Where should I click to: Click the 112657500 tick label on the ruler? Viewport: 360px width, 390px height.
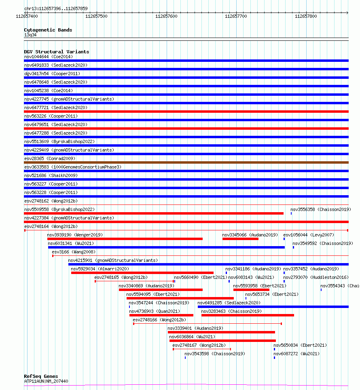pyautogui.click(x=96, y=16)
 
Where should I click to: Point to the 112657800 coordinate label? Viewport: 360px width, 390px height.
pyautogui.click(x=306, y=16)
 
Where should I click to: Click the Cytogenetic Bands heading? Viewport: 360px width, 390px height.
pyautogui.click(x=48, y=30)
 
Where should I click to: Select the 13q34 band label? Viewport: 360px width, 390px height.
pyautogui.click(x=30, y=35)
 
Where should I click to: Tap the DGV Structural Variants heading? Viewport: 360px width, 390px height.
pyautogui.click(x=56, y=52)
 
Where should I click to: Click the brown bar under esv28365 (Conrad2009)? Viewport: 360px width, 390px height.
pyautogui.click(x=186, y=162)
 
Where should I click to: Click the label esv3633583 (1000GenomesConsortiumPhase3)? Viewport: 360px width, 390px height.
pyautogui.click(x=72, y=167)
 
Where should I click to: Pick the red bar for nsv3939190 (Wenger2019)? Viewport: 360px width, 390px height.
pyautogui.click(x=125, y=239)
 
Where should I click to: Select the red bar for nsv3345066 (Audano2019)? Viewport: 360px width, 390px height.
pyautogui.click(x=240, y=239)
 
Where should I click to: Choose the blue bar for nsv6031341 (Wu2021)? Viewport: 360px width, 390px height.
pyautogui.click(x=166, y=247)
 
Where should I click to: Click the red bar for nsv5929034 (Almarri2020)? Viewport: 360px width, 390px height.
pyautogui.click(x=142, y=273)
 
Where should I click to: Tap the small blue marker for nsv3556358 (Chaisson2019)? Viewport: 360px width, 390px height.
pyautogui.click(x=291, y=213)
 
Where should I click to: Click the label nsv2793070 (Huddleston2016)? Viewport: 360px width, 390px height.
pyautogui.click(x=316, y=277)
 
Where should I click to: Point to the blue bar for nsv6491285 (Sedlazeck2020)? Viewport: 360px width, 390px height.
pyautogui.click(x=273, y=307)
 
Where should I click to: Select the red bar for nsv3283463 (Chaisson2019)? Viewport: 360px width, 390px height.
pyautogui.click(x=248, y=315)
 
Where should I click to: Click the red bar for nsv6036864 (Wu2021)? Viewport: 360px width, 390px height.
pyautogui.click(x=222, y=341)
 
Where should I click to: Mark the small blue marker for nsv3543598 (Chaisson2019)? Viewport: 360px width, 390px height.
pyautogui.click(x=185, y=358)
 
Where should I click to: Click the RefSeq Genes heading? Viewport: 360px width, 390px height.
pyautogui.click(x=41, y=376)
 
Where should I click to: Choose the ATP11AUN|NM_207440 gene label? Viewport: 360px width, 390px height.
pyautogui.click(x=46, y=381)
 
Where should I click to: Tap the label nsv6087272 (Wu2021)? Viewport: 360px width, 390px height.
pyautogui.click(x=296, y=354)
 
